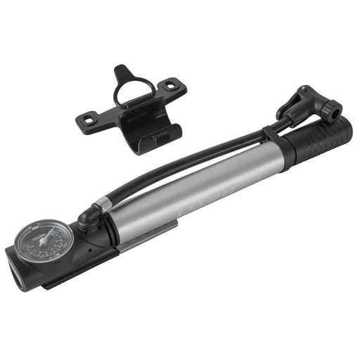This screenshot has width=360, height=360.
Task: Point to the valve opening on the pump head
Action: (337, 110)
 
